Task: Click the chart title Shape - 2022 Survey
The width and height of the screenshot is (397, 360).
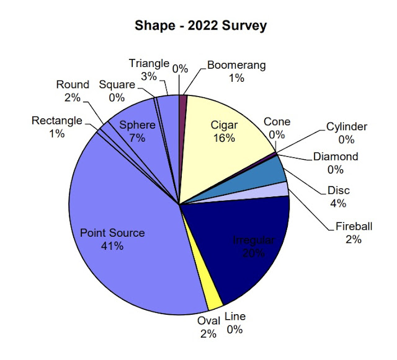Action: point(201,27)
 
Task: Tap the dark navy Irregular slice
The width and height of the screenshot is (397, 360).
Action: point(245,248)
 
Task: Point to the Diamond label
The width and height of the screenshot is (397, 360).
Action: point(335,157)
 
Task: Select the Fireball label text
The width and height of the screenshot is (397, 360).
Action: point(352,227)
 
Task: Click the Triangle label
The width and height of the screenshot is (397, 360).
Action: point(149,63)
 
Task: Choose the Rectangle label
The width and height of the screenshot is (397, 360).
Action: point(56,121)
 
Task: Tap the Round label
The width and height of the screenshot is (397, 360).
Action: point(73,84)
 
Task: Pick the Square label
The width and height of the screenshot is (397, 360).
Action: point(116,84)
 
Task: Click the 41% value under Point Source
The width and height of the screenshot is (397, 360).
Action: point(112,246)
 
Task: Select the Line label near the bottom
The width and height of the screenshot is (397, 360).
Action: point(235,317)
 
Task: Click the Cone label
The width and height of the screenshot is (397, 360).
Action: point(277,122)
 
